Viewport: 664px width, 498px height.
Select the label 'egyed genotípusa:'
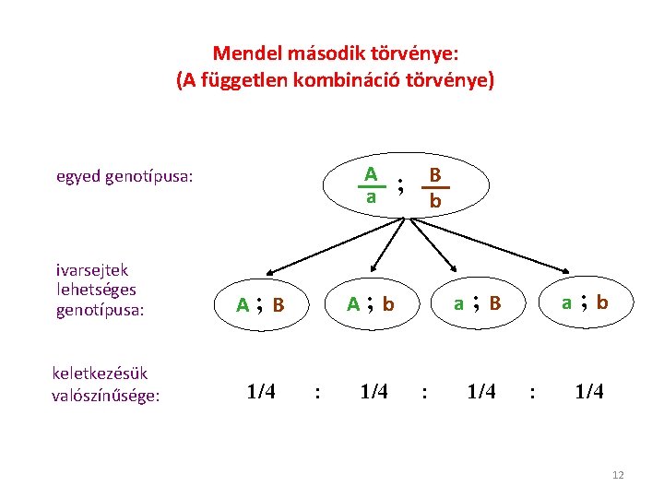coord(125,175)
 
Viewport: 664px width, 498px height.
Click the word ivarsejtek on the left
coord(92,270)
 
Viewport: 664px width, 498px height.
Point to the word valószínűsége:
coord(106,396)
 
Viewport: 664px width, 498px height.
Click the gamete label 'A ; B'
coord(260,304)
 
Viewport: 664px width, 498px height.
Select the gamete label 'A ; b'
coord(370,303)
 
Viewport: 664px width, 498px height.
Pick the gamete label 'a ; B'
coord(477,302)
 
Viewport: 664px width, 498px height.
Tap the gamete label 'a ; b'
coord(585,302)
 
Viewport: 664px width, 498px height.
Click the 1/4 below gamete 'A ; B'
coord(261,392)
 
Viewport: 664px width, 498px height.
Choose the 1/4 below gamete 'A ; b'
coord(373,392)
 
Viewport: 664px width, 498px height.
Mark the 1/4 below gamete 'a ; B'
coord(481,392)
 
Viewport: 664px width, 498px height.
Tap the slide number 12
coord(618,475)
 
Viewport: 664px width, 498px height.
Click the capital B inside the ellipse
coord(435,174)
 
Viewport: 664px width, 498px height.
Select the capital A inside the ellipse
coord(371,173)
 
